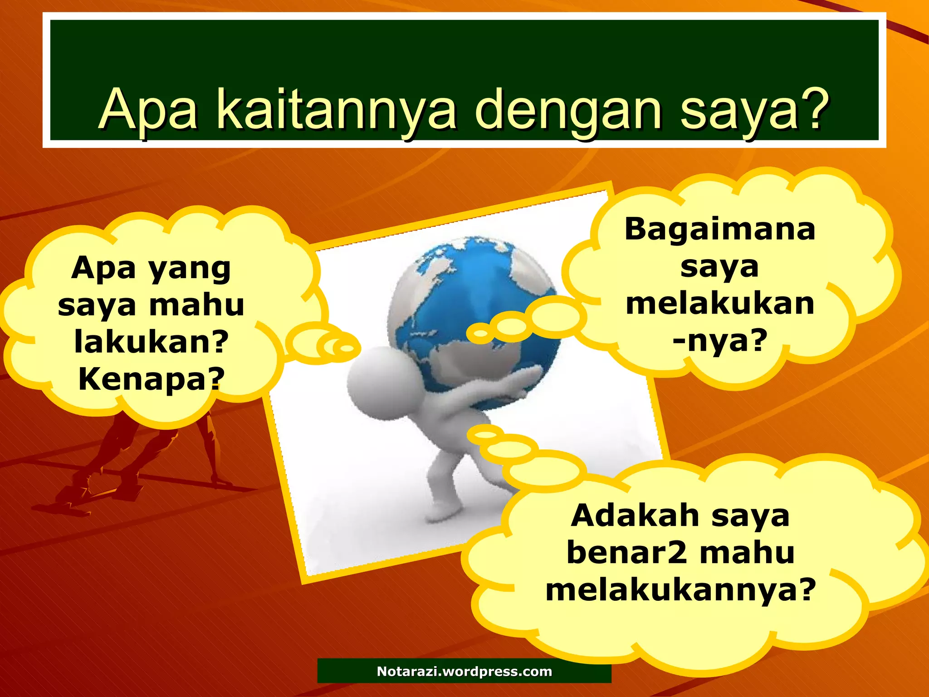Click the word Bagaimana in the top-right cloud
[x=720, y=229]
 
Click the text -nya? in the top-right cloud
[x=720, y=340]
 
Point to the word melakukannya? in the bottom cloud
[x=680, y=590]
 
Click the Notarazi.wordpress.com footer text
[x=464, y=672]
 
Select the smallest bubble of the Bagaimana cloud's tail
[x=480, y=335]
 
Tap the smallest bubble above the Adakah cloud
[x=485, y=435]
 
